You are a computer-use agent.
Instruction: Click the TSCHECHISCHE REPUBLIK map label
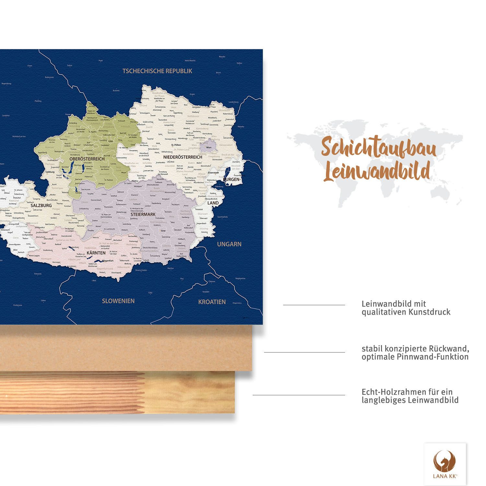pos(157,71)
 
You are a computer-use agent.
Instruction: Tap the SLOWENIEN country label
pos(118,301)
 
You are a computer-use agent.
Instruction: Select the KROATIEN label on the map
pos(212,302)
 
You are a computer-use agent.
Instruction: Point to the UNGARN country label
pos(229,244)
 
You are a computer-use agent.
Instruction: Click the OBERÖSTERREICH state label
pos(87,159)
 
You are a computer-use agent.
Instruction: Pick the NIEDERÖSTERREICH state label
pos(183,157)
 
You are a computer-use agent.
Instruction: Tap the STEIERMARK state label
pos(143,214)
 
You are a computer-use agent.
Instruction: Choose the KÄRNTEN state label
pos(96,253)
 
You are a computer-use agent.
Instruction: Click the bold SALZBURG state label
pos(41,205)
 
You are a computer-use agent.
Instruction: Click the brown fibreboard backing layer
pos(130,348)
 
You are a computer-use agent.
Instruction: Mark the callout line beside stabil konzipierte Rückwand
pos(305,352)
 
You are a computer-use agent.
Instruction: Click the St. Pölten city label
pos(176,145)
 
